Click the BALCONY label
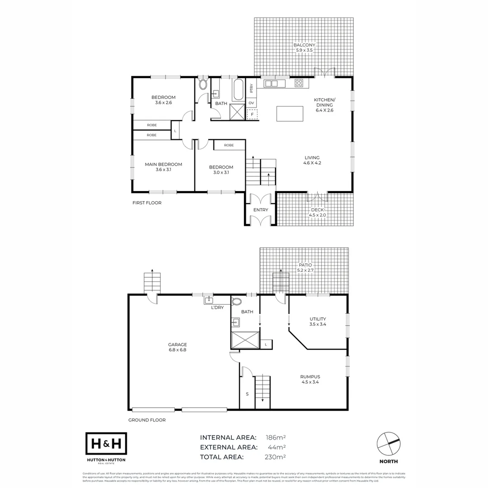pyautogui.click(x=304, y=45)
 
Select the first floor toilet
pyautogui.click(x=203, y=84)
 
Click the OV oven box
pyautogui.click(x=251, y=103)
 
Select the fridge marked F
pyautogui.click(x=252, y=114)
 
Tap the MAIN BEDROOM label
pyautogui.click(x=163, y=164)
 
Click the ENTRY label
pyautogui.click(x=260, y=210)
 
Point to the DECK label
pyautogui.click(x=317, y=210)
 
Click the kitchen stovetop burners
pyautogui.click(x=299, y=83)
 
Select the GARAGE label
pyautogui.click(x=178, y=344)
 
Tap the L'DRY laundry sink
pyautogui.click(x=209, y=300)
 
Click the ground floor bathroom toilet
pyautogui.click(x=236, y=302)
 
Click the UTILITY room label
pyautogui.click(x=318, y=319)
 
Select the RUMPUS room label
pyautogui.click(x=310, y=376)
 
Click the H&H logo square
pyautogui.click(x=106, y=444)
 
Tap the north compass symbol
pyautogui.click(x=389, y=444)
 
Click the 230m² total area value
pyautogui.click(x=276, y=457)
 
